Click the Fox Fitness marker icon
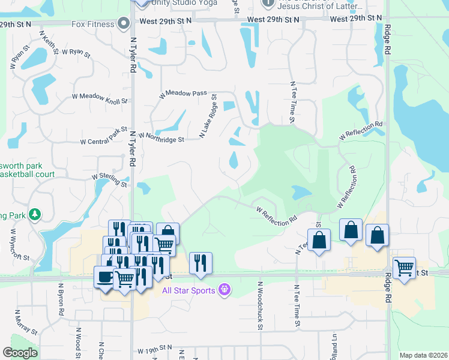click(124, 24)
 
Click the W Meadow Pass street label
click(183, 94)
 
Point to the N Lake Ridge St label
click(208, 116)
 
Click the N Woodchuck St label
click(261, 305)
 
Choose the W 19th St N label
click(154, 349)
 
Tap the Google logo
click(20, 353)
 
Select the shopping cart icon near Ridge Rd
click(405, 268)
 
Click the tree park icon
click(35, 214)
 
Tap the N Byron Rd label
click(61, 300)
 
